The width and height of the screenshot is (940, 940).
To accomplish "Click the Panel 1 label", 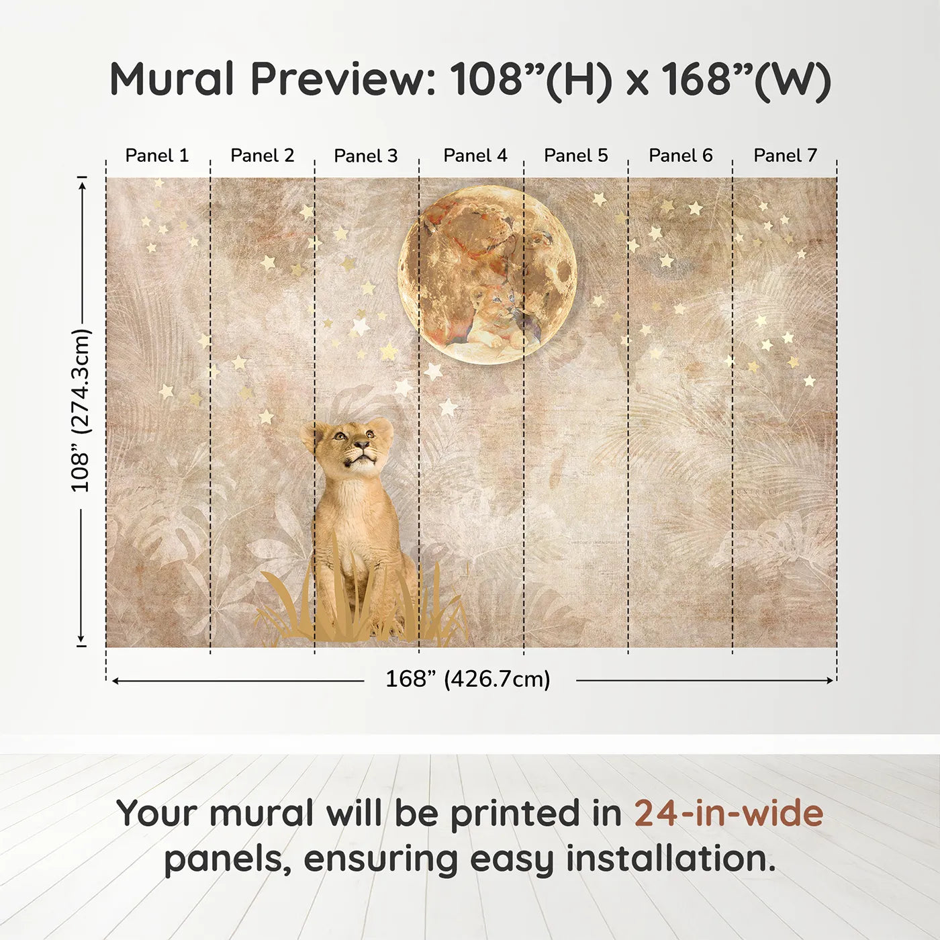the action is coord(156,156).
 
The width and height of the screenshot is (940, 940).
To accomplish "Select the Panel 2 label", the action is coord(263,156).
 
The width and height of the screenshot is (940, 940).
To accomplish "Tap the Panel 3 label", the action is coord(366,156).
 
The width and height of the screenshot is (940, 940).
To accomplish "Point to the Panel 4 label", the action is coord(475,156).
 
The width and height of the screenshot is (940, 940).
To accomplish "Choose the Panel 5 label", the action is coord(576,156).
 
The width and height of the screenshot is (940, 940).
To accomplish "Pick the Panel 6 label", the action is coord(681,156).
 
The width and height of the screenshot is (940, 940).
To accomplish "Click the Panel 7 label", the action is coord(786,156).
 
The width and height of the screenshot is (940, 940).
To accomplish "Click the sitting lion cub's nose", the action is coord(361,444).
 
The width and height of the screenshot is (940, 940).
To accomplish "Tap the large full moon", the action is coord(487,275).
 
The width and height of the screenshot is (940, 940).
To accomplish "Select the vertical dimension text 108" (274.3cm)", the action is coord(81,410).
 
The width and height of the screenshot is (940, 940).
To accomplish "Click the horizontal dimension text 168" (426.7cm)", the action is coord(468,679).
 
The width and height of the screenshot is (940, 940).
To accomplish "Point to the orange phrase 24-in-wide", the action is coord(728,813).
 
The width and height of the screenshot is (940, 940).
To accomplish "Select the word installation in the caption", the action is coord(670,859).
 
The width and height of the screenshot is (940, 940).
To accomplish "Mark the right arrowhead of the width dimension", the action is coord(830,680).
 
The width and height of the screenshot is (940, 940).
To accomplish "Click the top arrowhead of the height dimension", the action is coord(83,186).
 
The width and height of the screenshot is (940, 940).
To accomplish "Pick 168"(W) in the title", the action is coord(747,79).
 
